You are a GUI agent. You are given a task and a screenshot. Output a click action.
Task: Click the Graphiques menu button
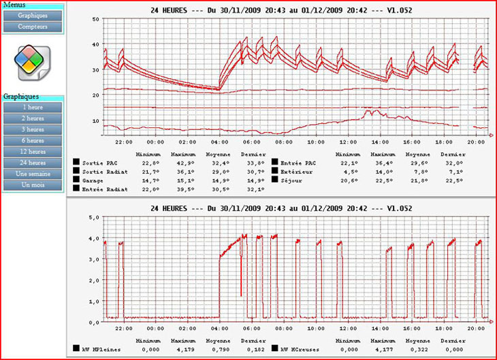point(33,15)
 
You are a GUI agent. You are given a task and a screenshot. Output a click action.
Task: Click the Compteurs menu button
point(33,27)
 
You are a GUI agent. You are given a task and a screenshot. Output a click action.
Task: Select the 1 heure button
point(33,108)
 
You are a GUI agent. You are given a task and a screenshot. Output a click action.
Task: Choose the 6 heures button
point(33,140)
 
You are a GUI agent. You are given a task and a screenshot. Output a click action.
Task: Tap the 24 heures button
point(33,163)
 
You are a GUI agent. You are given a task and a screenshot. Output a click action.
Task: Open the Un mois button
point(33,185)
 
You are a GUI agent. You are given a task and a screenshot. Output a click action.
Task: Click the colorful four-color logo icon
point(29,60)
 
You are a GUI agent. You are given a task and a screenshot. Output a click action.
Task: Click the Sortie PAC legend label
point(96,163)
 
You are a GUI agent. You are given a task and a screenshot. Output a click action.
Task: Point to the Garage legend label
point(92,180)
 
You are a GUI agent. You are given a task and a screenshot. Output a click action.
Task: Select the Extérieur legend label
point(293,171)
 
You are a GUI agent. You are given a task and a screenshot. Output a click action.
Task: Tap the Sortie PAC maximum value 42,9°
point(181,163)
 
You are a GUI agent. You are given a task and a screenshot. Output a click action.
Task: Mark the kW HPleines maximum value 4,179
point(181,348)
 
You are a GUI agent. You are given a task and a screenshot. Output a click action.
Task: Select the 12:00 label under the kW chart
point(347,328)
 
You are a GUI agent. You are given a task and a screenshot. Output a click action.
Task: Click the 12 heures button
point(33,152)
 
